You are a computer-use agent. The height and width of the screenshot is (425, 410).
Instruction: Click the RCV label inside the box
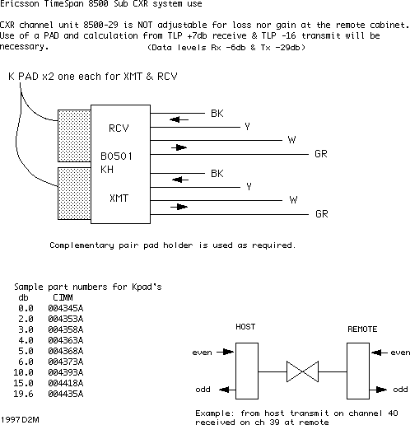point(119,128)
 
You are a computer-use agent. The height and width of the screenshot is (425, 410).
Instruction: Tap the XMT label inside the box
point(119,198)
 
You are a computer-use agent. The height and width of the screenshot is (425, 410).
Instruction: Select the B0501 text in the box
point(116,156)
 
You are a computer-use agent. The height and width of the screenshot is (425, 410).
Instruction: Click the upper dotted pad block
point(74,136)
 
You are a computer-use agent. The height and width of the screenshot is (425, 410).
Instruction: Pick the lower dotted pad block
point(74,194)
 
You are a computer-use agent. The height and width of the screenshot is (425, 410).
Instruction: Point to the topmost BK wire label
point(217,114)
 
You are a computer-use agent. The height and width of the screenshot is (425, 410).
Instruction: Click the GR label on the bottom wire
point(322,214)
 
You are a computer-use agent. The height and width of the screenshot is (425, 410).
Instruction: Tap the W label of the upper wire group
point(291,140)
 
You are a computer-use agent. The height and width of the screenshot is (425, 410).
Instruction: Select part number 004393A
point(66,372)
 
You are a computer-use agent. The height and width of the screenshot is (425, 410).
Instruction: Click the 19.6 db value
point(23,394)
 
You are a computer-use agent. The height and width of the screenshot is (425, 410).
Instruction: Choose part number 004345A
point(66,308)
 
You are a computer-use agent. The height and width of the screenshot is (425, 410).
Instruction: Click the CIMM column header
point(63,297)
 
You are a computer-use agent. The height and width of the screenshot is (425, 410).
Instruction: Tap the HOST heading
point(245,327)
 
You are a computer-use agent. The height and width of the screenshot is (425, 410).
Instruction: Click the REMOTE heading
point(362,329)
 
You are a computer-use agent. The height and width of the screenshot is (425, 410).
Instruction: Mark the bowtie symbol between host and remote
point(302,371)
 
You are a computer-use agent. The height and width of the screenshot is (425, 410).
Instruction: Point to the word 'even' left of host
point(202,353)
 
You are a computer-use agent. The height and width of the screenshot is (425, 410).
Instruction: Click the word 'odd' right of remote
point(400,390)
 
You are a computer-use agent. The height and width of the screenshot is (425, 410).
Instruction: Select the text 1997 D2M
point(20,420)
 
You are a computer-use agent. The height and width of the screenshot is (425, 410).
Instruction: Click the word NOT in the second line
point(145,25)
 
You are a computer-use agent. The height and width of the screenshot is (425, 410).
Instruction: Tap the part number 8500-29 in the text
point(100,25)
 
